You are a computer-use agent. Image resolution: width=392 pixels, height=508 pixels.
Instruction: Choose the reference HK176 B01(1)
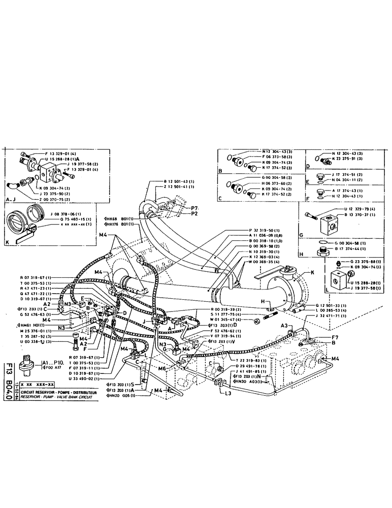pyautogui.click(x=118, y=224)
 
